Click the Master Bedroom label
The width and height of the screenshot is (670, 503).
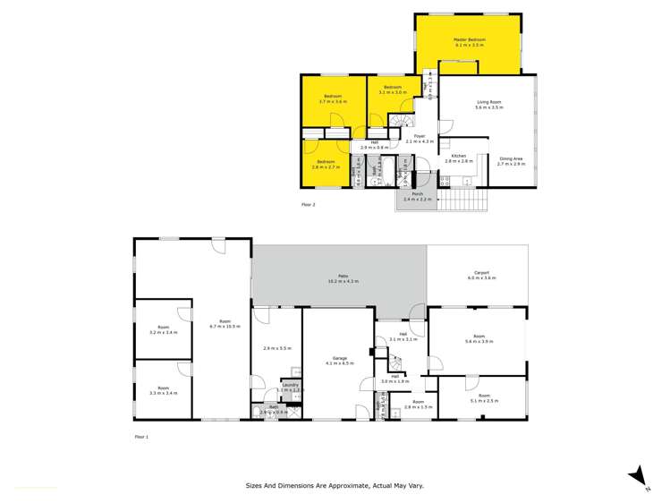coord(469,41)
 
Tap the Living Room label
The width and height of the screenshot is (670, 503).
coord(489,105)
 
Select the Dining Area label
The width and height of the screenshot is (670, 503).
coord(511,160)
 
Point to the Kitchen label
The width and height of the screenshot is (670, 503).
coord(459,158)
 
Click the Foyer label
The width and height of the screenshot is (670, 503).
coord(419,138)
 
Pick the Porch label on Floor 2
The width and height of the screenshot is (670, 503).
coord(417,196)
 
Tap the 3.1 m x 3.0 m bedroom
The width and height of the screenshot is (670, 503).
coord(392,90)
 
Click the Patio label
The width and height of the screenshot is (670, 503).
coord(340,278)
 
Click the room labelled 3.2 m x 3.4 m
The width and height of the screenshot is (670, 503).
coord(163,329)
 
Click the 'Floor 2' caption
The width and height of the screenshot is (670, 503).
coord(308,204)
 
